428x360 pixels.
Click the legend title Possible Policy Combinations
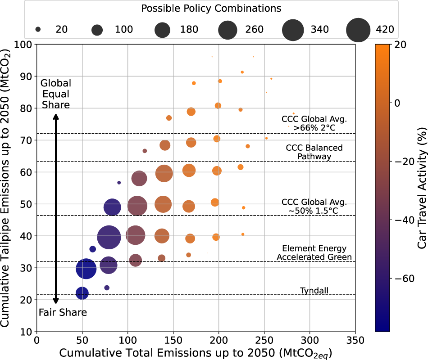coord(211,9)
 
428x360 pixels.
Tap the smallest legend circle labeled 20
coord(38,30)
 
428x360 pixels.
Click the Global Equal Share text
coord(55,94)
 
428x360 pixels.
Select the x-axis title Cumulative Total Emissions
coord(194,351)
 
